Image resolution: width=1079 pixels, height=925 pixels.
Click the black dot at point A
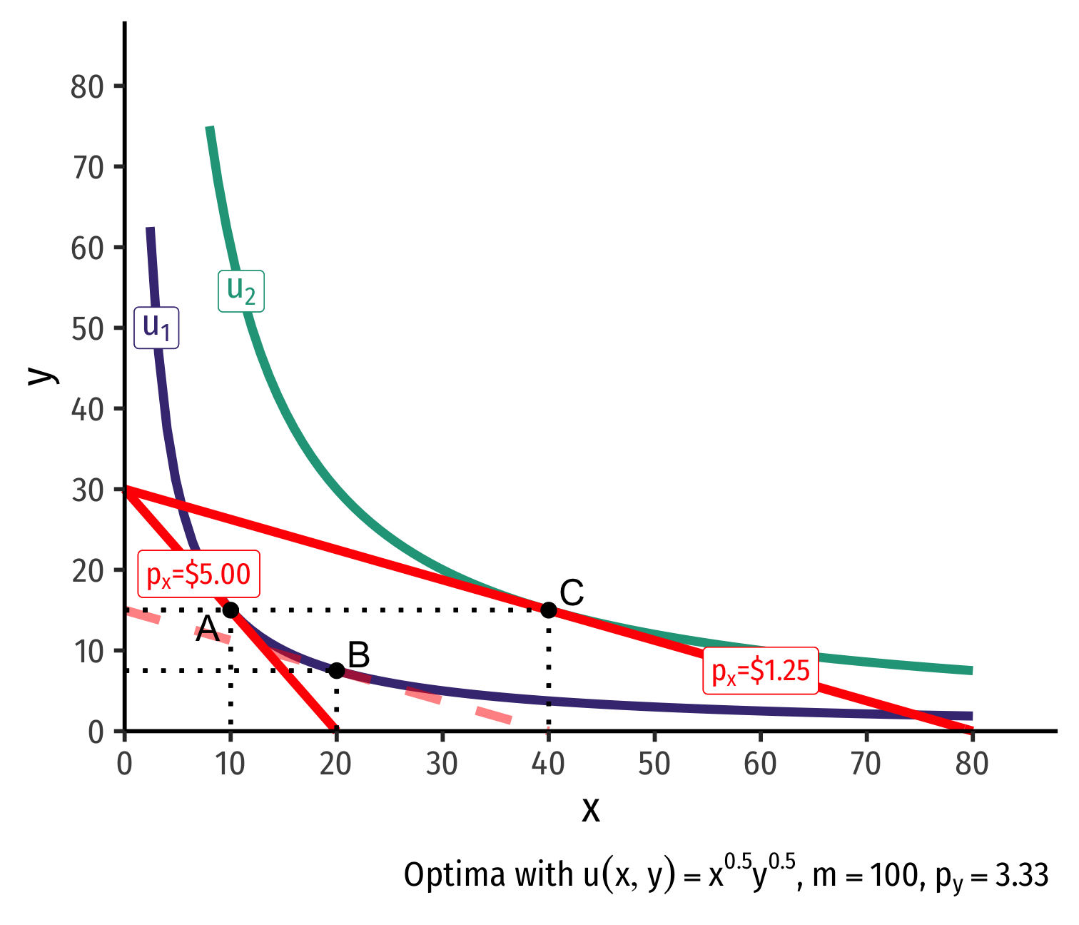[x=231, y=610]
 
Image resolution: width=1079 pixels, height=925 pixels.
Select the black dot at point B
[x=336, y=671]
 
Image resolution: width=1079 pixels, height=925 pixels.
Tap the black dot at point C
[x=548, y=610]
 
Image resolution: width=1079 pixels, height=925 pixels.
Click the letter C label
[x=572, y=593]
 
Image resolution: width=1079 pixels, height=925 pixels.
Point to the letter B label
[x=359, y=655]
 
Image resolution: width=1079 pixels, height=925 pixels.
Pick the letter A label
[x=207, y=630]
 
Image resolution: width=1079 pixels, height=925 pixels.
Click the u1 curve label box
[x=156, y=328]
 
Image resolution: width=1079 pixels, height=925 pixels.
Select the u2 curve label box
[x=241, y=290]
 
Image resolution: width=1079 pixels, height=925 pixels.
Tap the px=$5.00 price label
[x=198, y=574]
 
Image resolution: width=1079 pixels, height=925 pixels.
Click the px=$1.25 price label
[x=761, y=671]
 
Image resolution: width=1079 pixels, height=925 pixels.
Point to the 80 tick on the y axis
[x=88, y=87]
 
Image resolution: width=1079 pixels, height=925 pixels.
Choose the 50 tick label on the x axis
[x=654, y=764]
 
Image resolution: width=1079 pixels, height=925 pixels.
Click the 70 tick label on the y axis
[x=88, y=168]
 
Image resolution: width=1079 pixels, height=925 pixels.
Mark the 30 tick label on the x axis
[x=442, y=764]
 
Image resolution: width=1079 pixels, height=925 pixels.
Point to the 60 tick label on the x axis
[x=760, y=764]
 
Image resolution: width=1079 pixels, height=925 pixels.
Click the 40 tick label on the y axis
[x=88, y=410]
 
